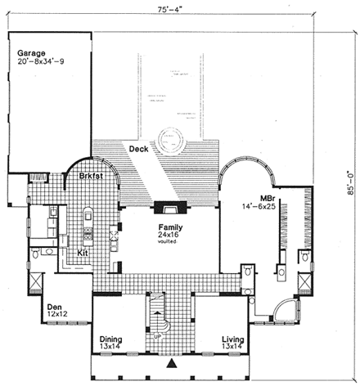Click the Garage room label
pos(33,53)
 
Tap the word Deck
pos(138,148)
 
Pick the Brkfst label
pos(91,176)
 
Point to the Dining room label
pos(111,339)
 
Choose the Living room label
pos(234,339)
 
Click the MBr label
pos(266,199)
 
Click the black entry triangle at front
pos(173,362)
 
